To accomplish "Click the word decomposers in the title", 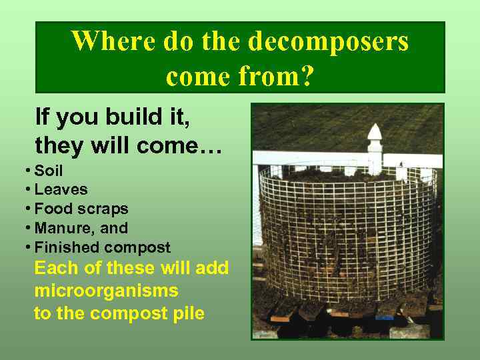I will (328, 41).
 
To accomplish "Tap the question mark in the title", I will (306, 77).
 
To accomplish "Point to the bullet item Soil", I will (48, 171).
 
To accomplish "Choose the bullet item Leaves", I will (61, 190).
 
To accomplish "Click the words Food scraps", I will (81, 209).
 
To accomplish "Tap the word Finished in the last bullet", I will (64, 247).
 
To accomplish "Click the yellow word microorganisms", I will (106, 291).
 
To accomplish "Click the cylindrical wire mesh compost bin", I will (347, 233).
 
